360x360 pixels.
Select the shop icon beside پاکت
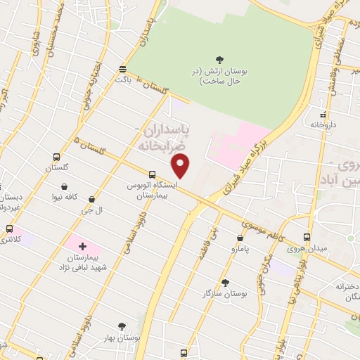pyautogui.click(x=123, y=69)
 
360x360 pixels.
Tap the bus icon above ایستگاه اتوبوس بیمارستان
pyautogui.click(x=152, y=174)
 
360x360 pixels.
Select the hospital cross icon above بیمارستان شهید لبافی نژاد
pyautogui.click(x=82, y=246)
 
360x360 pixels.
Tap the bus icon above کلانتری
pyautogui.click(x=9, y=229)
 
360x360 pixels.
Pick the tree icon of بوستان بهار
pyautogui.click(x=122, y=326)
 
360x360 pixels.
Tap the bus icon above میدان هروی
pyautogui.click(x=307, y=237)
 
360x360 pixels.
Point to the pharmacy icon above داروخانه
pyautogui.click(x=323, y=113)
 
